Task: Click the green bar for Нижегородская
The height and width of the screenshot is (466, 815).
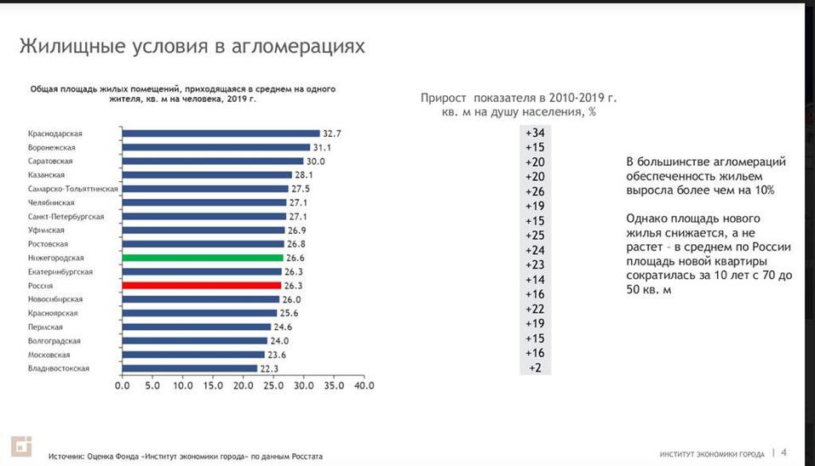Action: pos(203,258)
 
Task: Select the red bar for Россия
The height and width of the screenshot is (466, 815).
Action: pos(202,286)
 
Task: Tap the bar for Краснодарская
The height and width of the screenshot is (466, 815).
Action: pos(221,134)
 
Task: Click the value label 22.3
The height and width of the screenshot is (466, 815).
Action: pos(270,368)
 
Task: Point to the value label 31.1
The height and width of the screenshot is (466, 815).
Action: pos(323,147)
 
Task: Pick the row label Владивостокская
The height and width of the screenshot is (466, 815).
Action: pos(58,368)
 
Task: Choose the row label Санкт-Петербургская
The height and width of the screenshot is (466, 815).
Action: pos(66,217)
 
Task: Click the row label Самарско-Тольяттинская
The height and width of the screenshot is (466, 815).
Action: pos(72,189)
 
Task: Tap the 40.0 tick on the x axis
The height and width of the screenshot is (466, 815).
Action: pos(364,385)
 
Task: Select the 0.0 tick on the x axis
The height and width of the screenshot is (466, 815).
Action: pos(123,385)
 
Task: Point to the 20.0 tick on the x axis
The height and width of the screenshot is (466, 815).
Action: pos(243,385)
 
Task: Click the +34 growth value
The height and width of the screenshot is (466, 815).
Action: pos(535,134)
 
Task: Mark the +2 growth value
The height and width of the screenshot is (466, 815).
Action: pos(535,368)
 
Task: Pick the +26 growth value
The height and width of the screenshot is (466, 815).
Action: pos(535,191)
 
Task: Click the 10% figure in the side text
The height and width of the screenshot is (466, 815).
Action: pos(763,190)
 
